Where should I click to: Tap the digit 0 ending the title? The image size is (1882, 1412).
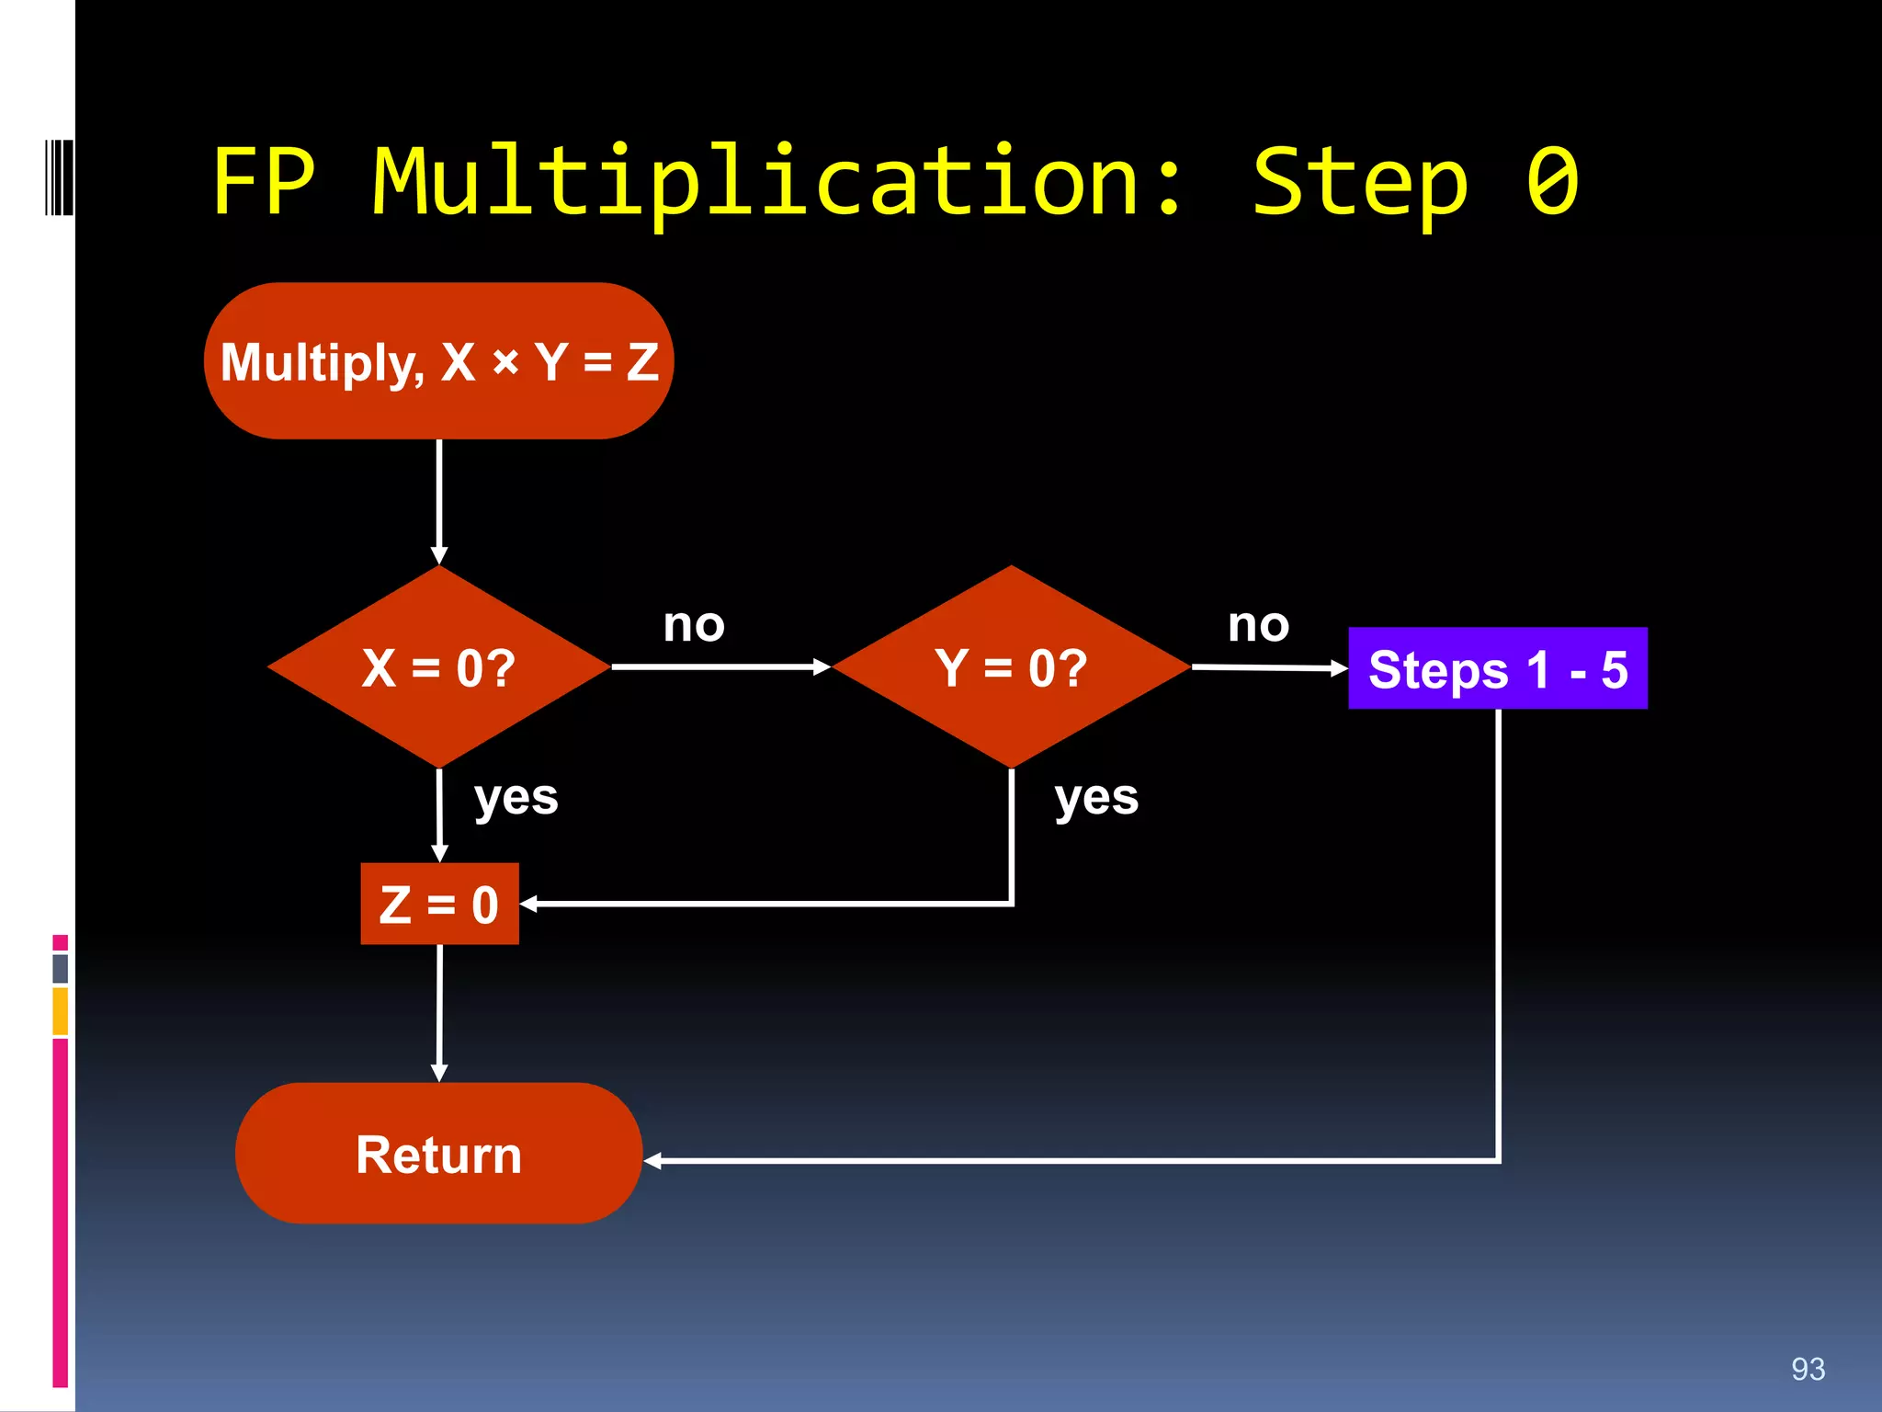[x=1552, y=181]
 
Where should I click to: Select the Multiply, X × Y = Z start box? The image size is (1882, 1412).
[x=439, y=361]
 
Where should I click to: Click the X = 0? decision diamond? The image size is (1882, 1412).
[x=439, y=667]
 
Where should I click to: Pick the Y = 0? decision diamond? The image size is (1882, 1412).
[x=1011, y=667]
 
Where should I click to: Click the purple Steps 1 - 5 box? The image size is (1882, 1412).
[x=1497, y=669]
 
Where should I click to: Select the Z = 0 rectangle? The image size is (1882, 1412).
[x=439, y=904]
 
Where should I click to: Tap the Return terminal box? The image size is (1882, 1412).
[x=439, y=1154]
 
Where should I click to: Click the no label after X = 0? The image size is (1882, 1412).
[x=694, y=625]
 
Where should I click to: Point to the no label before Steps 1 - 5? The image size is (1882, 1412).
[x=1258, y=625]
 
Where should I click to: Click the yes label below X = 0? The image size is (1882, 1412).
[x=516, y=797]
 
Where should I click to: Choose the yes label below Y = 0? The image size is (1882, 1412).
[x=1096, y=797]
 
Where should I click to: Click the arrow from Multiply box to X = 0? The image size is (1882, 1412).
[x=439, y=501]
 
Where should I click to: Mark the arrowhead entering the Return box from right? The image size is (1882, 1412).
[x=653, y=1161]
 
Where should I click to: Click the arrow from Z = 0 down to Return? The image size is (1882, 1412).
[x=439, y=1011]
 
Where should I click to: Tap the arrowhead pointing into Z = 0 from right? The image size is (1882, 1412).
[x=529, y=905]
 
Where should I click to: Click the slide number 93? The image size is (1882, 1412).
[x=1808, y=1369]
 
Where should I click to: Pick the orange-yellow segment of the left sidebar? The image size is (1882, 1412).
[x=61, y=1011]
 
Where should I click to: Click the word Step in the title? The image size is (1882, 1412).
[x=1360, y=184]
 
